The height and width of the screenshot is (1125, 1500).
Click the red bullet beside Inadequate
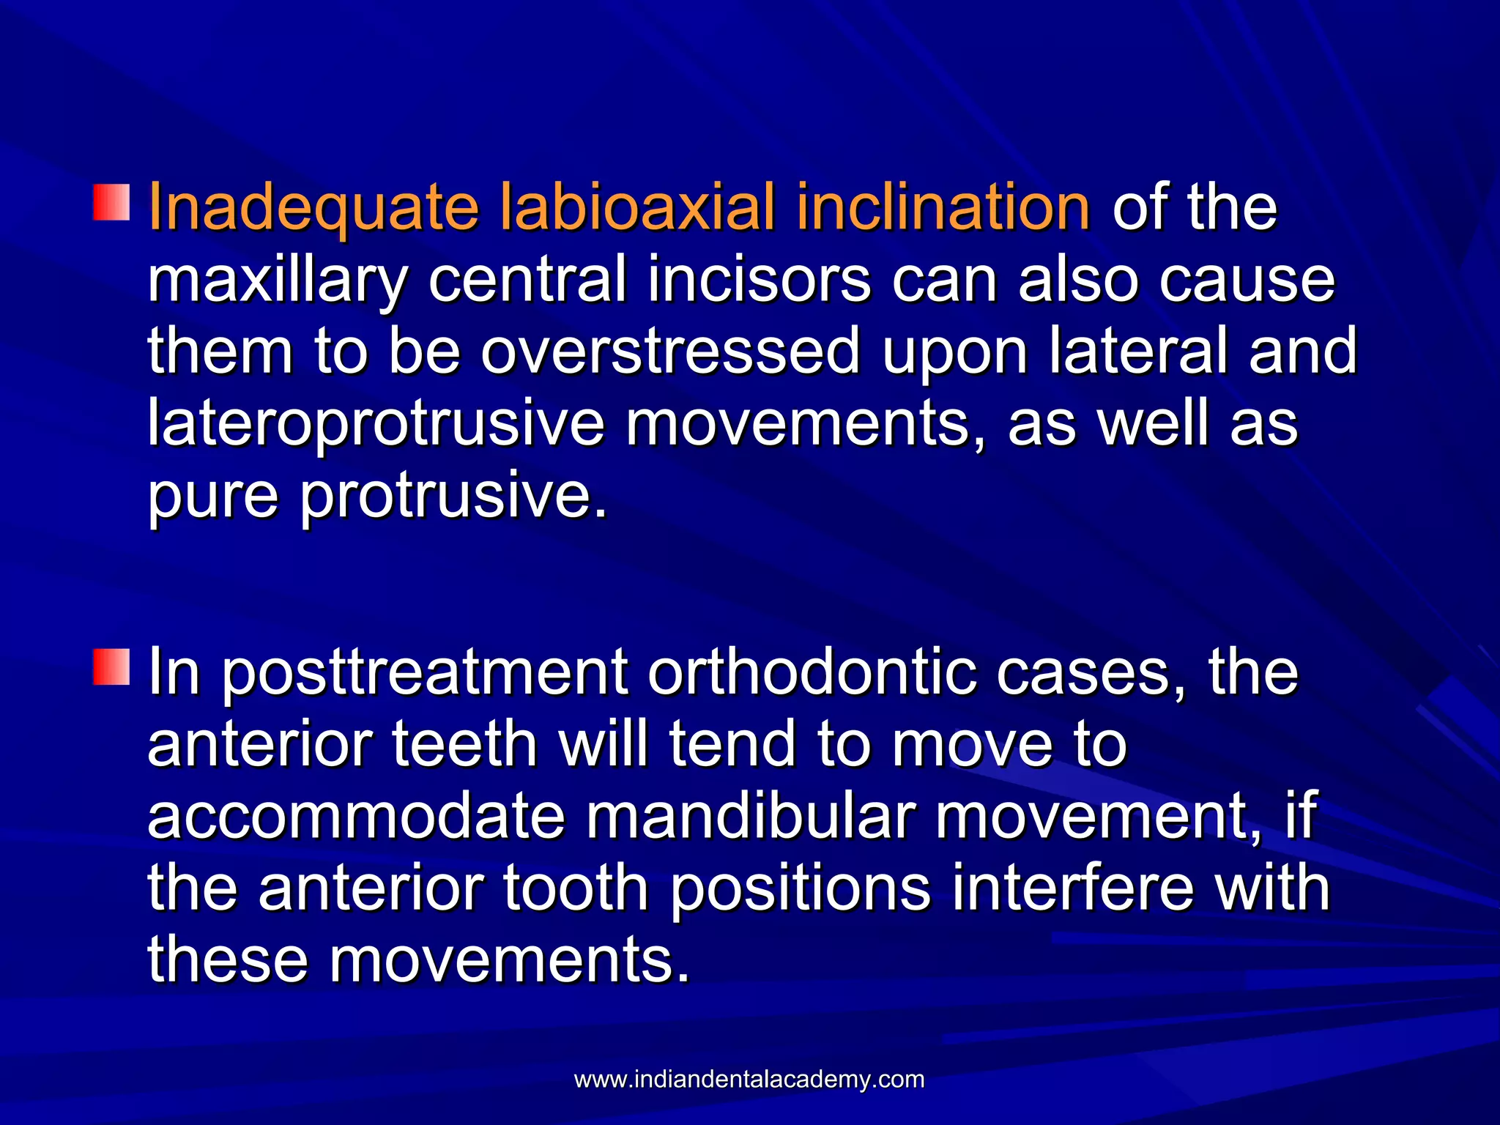click(111, 203)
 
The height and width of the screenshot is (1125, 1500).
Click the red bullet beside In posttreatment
click(111, 667)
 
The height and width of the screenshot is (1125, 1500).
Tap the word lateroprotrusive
click(376, 424)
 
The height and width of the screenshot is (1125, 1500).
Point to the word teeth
click(464, 743)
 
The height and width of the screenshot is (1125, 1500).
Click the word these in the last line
click(228, 959)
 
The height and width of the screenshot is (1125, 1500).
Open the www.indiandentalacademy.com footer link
click(749, 1080)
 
